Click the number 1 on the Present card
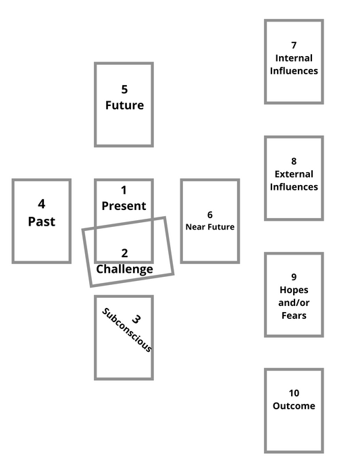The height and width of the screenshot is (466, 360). click(124, 190)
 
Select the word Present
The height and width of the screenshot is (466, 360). click(124, 206)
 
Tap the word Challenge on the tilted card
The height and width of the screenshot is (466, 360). click(124, 269)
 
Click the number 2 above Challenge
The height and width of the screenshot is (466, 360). click(124, 253)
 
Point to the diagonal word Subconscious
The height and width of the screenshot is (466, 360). click(126, 331)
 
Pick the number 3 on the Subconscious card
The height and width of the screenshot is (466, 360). click(136, 319)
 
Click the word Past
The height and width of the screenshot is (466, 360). click(41, 222)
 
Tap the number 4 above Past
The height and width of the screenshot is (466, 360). click(41, 204)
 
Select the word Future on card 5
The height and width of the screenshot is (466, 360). click(124, 105)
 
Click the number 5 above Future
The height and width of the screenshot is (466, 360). click(124, 89)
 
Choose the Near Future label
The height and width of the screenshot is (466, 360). click(210, 227)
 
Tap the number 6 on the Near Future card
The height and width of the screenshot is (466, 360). click(210, 215)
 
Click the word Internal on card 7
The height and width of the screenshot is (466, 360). click(294, 58)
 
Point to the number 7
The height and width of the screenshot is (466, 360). click(294, 45)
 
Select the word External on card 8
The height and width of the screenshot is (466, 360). click(294, 174)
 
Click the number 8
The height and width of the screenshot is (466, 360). click(294, 161)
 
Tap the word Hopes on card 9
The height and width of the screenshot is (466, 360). click(294, 290)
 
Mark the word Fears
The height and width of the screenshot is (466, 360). click(294, 315)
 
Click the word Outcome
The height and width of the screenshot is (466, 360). click(294, 406)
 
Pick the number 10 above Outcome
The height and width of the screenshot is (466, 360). click(294, 393)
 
